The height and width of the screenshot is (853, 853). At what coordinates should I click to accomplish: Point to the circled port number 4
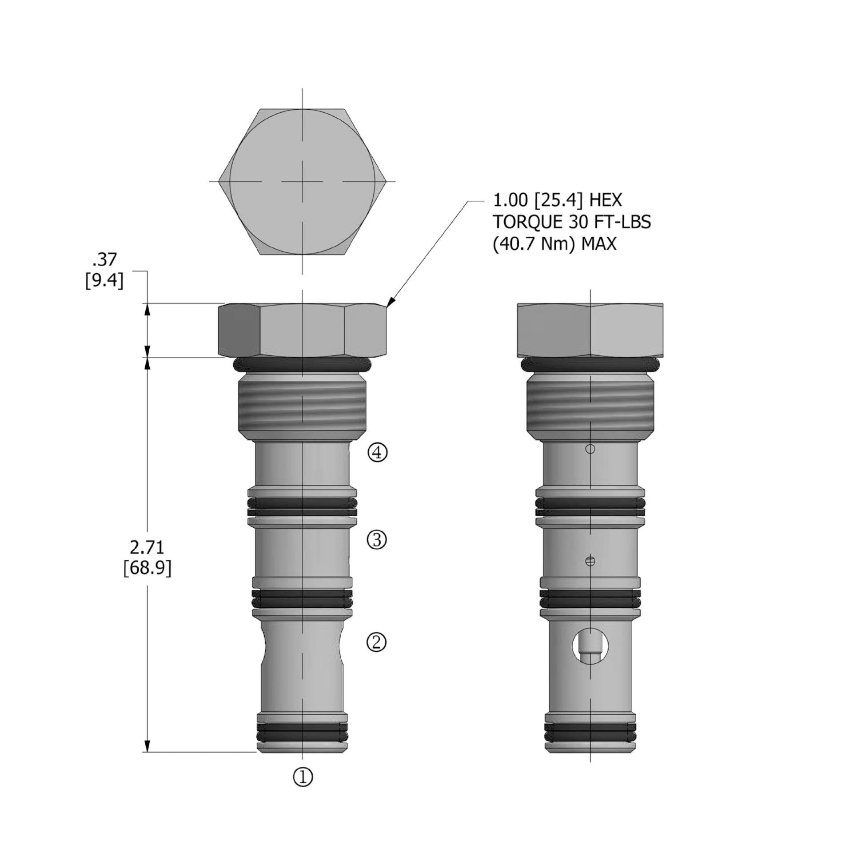[378, 453]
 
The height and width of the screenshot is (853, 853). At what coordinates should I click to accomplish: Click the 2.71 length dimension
[147, 548]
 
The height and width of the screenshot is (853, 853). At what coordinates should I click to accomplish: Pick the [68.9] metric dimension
[147, 568]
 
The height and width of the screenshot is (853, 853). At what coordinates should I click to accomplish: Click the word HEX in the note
[605, 201]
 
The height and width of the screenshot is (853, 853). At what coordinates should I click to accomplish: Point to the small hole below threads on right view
[590, 449]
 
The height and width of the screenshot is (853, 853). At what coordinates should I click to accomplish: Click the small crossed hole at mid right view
[590, 561]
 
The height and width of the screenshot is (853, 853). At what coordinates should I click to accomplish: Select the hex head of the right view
[590, 330]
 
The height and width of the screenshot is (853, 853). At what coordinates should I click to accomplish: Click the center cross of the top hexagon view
[303, 181]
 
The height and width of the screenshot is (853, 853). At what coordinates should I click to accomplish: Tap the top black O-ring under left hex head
[302, 365]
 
